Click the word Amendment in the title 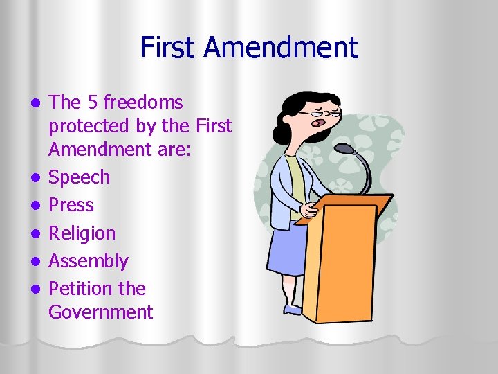282,48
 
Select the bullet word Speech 79,177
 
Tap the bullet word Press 71,205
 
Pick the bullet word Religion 82,233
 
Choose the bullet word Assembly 88,261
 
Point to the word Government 100,312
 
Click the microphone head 344,148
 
